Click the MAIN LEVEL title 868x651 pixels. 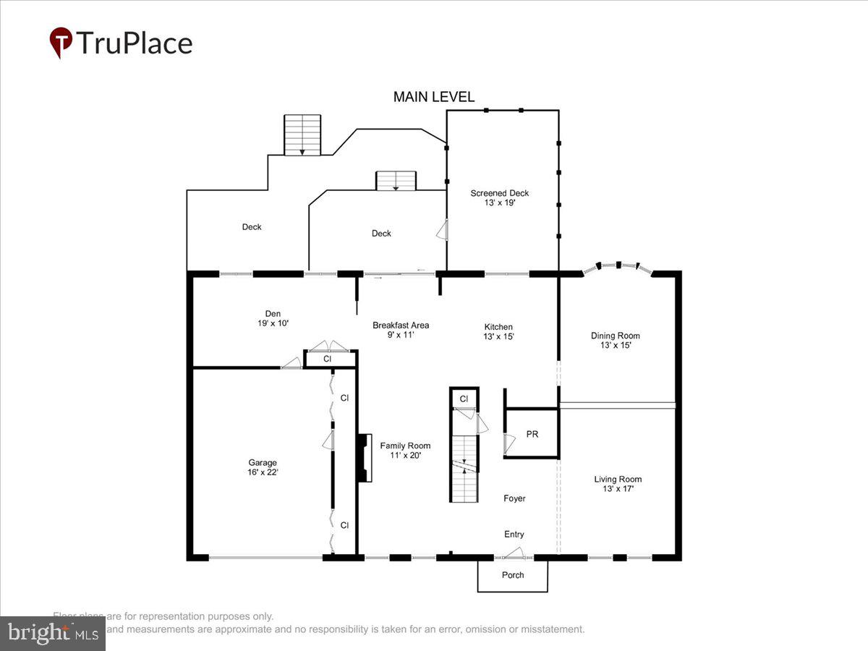434,97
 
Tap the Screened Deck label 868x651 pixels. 499,197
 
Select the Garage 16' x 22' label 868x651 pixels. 263,467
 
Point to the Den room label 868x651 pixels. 273,318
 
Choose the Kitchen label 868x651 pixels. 498,331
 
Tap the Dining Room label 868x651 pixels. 615,340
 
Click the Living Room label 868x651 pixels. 618,484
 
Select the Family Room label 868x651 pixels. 405,450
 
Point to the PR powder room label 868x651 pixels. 532,435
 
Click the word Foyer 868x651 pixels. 514,498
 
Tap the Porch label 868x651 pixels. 513,575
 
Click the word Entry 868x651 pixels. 514,535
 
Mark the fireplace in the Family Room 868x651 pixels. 364,459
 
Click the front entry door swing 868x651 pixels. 514,553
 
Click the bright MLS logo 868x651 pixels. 52,634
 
